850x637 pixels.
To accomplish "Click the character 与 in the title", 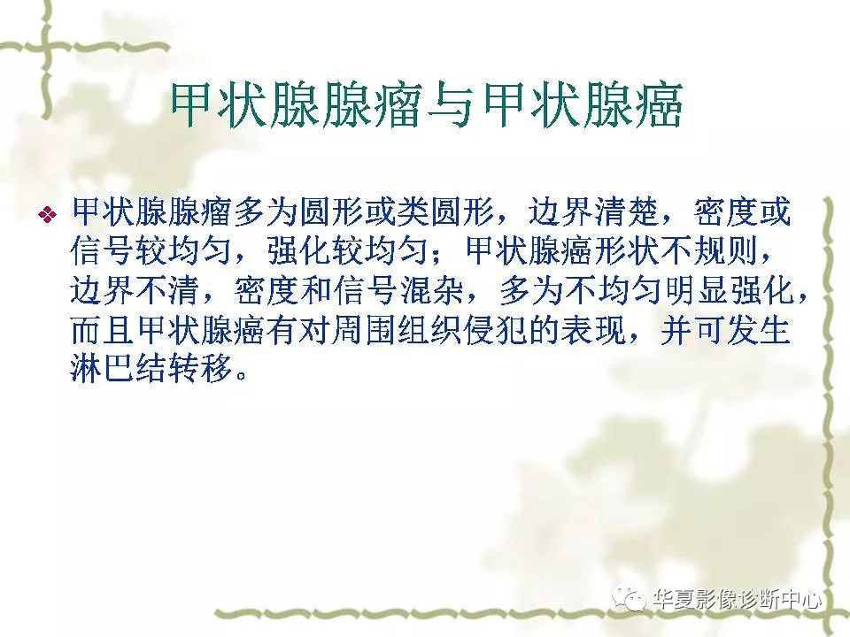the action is tap(452, 105).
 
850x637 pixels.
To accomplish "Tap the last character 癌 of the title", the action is tap(658, 105).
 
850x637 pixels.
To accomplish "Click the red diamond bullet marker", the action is tap(48, 214).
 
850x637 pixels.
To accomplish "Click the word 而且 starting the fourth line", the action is tap(102, 329).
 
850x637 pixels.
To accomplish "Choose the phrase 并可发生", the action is tap(725, 329).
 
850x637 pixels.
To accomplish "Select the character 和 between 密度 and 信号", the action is tap(316, 290).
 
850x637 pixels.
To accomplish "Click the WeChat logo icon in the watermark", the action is tap(628, 598).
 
